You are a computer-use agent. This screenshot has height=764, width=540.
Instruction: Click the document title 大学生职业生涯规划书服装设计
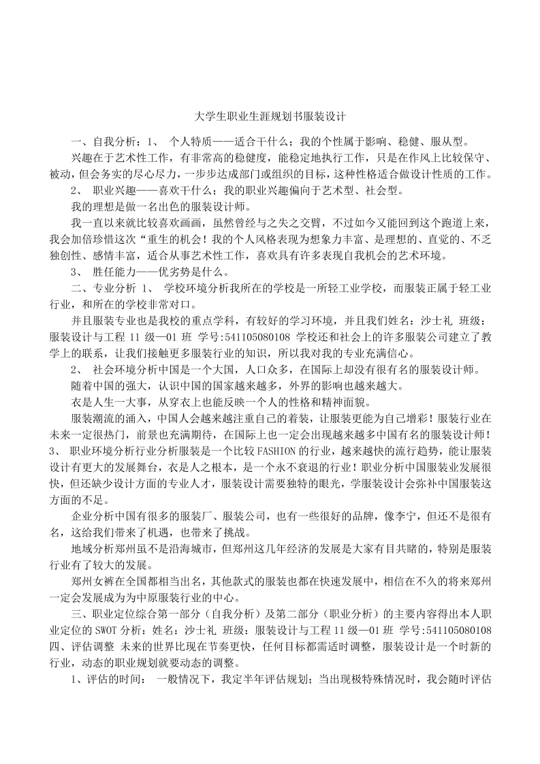[x=270, y=116]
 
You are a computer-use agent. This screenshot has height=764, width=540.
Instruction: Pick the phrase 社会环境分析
[x=123, y=370]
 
